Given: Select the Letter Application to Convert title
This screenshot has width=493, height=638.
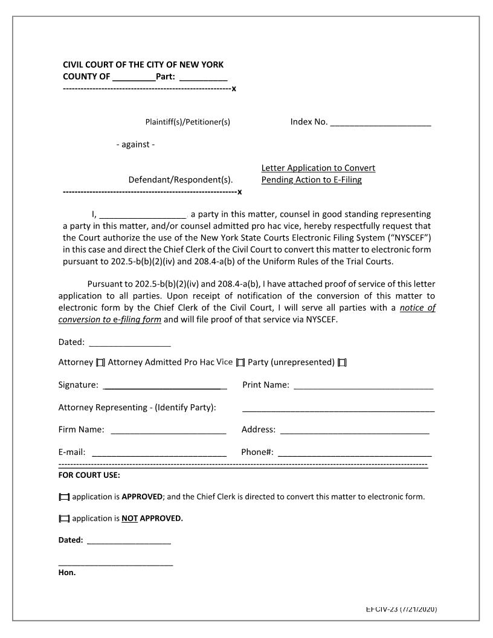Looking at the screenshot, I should tap(318, 168).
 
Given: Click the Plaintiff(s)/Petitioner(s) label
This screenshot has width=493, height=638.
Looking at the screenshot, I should tap(187, 122).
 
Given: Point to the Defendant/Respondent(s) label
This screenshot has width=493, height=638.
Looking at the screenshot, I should tap(180, 180).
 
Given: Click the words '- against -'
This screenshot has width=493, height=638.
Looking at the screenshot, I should tap(135, 145).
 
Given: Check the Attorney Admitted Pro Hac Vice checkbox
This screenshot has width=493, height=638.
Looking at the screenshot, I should tap(240, 362).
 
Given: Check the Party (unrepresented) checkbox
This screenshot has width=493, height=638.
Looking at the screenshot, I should tap(342, 362).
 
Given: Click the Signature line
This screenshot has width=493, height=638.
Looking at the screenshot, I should tap(165, 385).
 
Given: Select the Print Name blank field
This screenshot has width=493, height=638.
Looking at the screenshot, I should tap(363, 385).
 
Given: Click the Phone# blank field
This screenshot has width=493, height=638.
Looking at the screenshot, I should tap(355, 453).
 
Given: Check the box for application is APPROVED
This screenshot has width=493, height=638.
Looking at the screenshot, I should tap(64, 497).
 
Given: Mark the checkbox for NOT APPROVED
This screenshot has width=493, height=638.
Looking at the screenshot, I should tap(64, 519).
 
